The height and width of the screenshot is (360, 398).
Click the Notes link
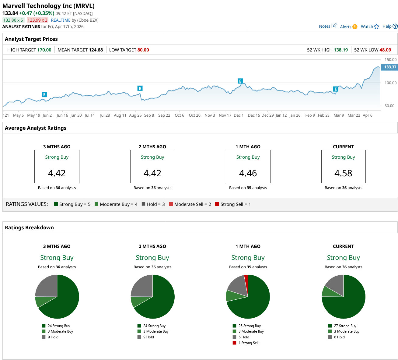[x=327, y=26]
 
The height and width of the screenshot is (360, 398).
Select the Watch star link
[x=370, y=26]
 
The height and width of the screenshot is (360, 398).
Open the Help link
[x=390, y=26]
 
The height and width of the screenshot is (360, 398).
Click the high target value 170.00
[x=44, y=50]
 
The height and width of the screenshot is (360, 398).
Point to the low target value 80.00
[x=143, y=50]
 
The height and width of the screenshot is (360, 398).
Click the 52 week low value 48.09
[x=385, y=50]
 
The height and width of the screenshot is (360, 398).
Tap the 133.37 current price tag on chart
[x=390, y=67]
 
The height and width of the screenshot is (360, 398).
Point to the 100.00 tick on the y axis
[x=390, y=83]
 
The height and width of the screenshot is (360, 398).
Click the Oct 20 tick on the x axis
[x=194, y=115]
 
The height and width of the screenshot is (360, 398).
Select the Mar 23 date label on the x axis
[x=354, y=115]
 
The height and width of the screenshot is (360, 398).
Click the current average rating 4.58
[x=343, y=173]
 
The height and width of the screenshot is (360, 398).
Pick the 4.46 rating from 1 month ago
[x=248, y=173]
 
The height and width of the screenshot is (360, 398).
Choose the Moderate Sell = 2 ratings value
[x=192, y=204]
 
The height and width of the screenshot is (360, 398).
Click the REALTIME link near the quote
[x=61, y=20]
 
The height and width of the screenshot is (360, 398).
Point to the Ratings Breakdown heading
[x=29, y=228]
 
